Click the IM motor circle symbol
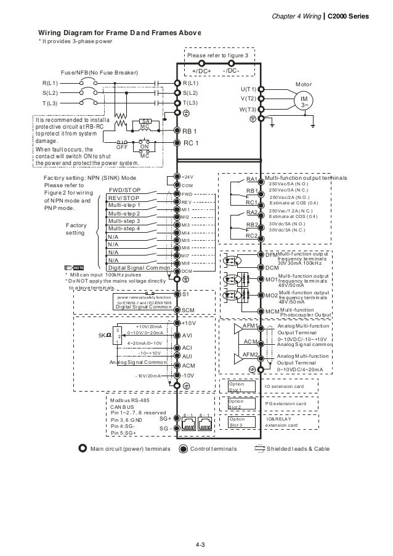pos(304,102)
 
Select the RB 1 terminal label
pos(190,132)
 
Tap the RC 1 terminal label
pos(190,143)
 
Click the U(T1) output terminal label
pos(248,89)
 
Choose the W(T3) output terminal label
pos(248,110)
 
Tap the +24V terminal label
pos(187,177)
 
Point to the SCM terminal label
pos(188,310)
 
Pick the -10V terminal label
pos(188,375)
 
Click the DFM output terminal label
pos(271,254)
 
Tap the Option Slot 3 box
pos(237,422)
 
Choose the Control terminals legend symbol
pos(183,449)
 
